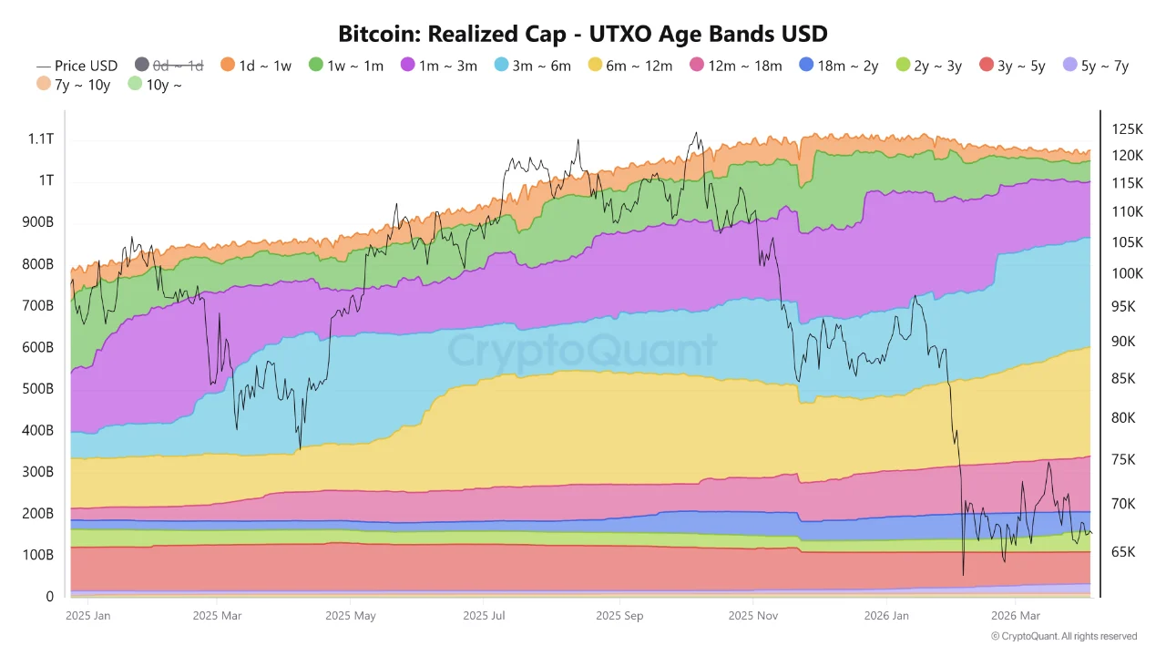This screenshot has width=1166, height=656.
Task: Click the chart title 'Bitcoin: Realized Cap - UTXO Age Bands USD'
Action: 583,35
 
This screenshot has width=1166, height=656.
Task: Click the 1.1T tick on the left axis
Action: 39,139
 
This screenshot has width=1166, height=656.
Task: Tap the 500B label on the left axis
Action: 37,389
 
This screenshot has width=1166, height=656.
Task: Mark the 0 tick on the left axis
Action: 49,597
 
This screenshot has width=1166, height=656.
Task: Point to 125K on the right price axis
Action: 1127,129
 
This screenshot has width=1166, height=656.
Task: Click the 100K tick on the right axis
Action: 1127,273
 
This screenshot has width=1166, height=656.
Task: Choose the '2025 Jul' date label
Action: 486,616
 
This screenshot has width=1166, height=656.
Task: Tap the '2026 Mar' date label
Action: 1015,616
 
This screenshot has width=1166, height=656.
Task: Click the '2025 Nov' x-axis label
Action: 753,616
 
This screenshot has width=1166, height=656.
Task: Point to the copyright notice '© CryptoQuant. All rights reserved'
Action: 1064,636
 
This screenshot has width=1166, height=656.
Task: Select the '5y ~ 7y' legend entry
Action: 1096,66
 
